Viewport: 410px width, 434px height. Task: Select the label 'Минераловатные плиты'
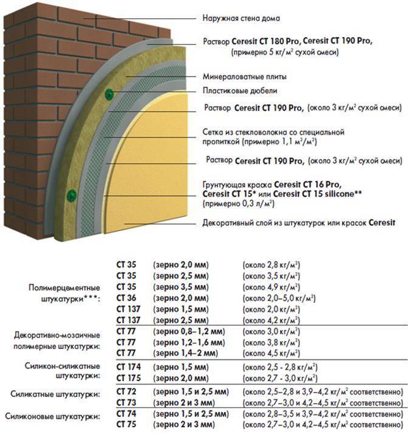244,77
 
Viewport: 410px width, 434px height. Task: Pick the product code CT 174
128,367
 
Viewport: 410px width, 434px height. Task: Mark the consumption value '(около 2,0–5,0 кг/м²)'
279,298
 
